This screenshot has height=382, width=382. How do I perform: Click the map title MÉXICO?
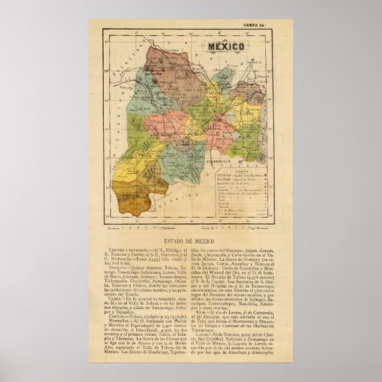coord(226,45)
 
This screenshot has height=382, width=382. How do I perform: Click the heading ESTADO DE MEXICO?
coord(190,234)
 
